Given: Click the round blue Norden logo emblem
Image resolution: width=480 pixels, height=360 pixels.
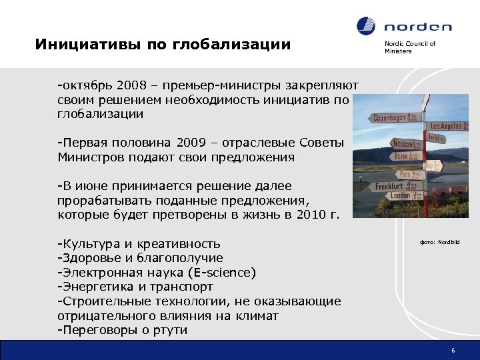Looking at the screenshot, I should coord(367,26).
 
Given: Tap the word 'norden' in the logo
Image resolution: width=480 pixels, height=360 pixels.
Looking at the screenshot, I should coord(417,27).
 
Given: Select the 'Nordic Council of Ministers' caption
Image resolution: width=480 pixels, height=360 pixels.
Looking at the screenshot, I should coord(409,47).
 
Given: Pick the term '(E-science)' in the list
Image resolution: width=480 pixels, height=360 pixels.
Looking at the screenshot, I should coord(223,273).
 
